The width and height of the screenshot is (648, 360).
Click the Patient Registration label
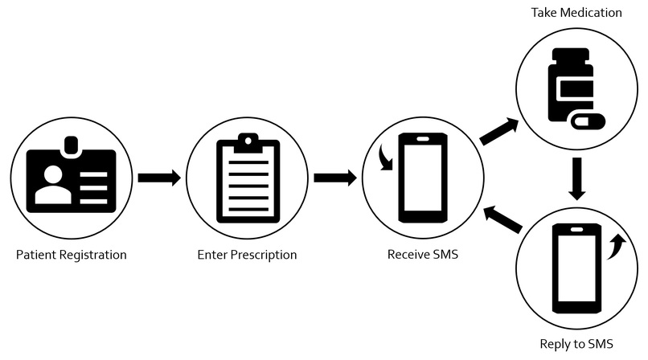(x=71, y=255)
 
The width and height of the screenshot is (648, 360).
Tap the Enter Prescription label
(x=247, y=255)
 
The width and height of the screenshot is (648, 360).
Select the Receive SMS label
(x=423, y=254)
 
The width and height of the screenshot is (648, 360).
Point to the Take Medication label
(x=576, y=12)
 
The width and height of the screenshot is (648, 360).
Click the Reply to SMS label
(x=576, y=343)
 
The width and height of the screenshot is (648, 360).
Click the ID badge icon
(x=71, y=174)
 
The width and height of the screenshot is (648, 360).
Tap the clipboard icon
(x=248, y=178)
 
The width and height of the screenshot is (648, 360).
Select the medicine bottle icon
(x=571, y=84)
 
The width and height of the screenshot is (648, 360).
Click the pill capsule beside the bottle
(x=588, y=121)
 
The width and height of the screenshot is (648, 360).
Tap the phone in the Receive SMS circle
(x=423, y=178)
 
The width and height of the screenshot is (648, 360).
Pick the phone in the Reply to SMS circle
(x=577, y=268)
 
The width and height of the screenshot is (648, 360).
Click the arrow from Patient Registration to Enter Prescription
(x=159, y=178)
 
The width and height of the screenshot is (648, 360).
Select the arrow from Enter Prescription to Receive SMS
(x=335, y=178)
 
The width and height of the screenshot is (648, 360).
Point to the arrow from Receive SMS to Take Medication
(x=499, y=131)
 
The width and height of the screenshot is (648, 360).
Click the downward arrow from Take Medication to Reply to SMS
(x=577, y=178)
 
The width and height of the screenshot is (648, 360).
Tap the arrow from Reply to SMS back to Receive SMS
(x=503, y=219)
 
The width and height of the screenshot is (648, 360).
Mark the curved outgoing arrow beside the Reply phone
(x=617, y=247)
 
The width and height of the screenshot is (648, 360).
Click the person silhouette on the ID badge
(x=53, y=184)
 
